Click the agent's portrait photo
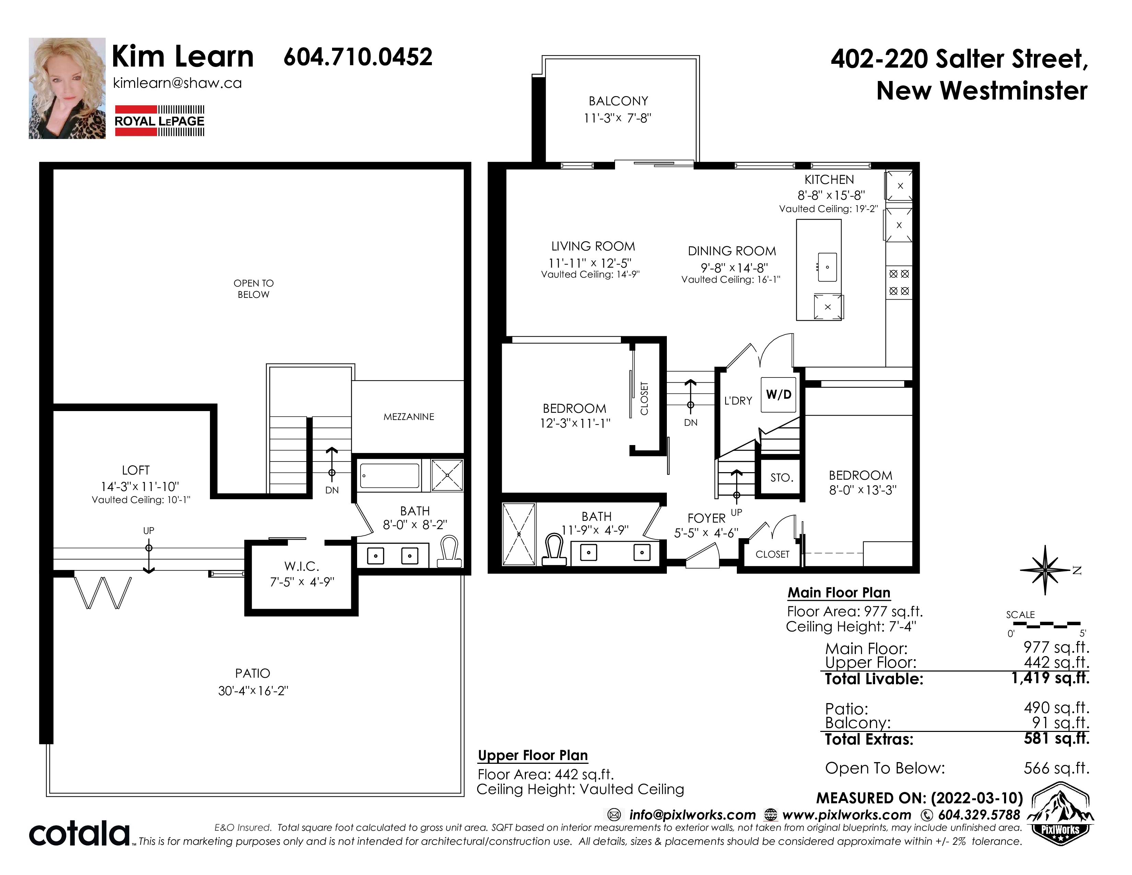point(67,88)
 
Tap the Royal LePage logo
point(160,121)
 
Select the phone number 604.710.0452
point(358,57)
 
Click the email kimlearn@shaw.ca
point(177,83)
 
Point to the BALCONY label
point(618,101)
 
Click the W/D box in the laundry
point(779,395)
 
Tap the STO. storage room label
point(782,477)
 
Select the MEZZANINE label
point(409,417)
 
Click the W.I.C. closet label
point(302,566)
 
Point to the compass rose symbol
point(1046,570)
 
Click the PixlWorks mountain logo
point(1060,813)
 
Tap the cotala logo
point(79,833)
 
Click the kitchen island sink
point(827,267)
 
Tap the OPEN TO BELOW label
point(253,289)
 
